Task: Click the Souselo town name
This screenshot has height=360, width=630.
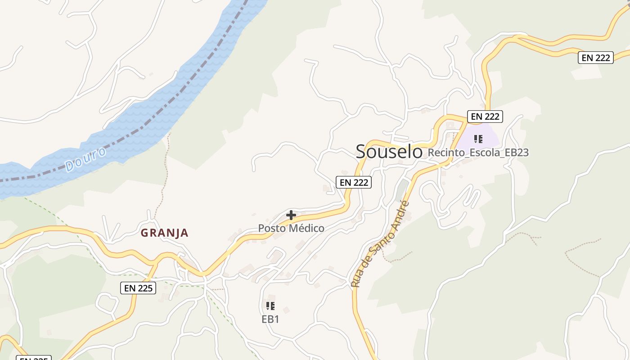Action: pos(389,152)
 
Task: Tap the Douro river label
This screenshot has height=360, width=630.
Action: pos(85,159)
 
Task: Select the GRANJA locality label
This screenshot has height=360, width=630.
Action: pos(164,233)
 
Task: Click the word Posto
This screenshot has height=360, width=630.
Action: pos(272,229)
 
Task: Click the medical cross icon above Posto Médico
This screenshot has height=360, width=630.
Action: pos(291,216)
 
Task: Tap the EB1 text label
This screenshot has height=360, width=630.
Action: pos(270,319)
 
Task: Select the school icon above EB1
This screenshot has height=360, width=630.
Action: pos(270,306)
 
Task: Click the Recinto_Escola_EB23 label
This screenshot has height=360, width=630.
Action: pos(478,153)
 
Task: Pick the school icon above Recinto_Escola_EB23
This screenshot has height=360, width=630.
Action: pos(478,139)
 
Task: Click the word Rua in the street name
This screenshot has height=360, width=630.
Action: pos(356,279)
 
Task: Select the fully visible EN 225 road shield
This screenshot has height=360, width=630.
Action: pos(138,288)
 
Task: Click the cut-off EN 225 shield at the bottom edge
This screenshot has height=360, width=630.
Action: pos(34,358)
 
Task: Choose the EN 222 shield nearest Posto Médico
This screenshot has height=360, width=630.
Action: pos(354,182)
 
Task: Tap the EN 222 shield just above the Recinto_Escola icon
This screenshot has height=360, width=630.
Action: pos(485,117)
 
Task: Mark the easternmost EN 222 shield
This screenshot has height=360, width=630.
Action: pos(595,58)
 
